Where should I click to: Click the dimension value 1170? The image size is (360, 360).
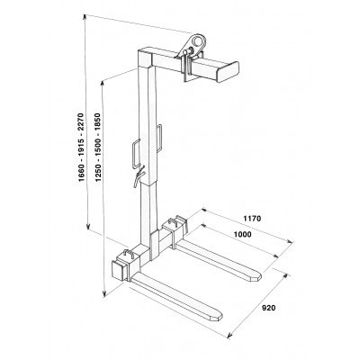[252, 219]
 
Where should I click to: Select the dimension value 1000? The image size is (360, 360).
[242, 235]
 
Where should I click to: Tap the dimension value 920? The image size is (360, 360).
[268, 308]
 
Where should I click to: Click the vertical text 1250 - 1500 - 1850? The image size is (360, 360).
[98, 148]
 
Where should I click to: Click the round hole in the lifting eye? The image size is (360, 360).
[197, 40]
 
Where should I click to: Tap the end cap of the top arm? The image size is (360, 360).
[228, 72]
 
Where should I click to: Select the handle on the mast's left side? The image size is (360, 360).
[136, 154]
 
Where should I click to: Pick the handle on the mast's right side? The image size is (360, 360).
[160, 139]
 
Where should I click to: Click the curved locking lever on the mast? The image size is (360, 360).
[139, 178]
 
